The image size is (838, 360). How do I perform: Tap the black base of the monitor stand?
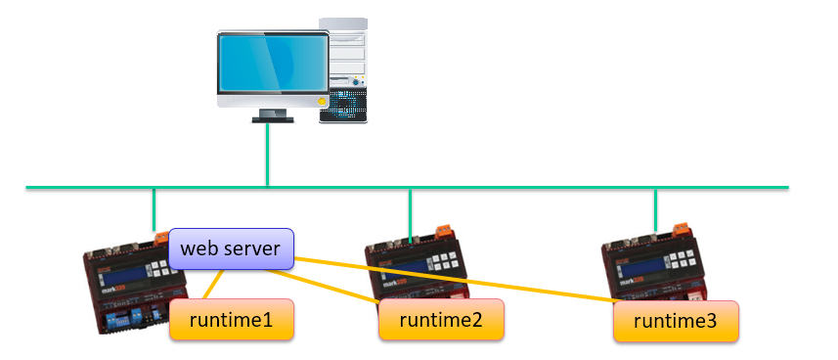point(273,118)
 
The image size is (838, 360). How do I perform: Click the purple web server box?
point(232,249)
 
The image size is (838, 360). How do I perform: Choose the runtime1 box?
point(232,320)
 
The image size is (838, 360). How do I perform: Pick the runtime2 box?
point(441,320)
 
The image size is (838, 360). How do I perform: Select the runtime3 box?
point(676,321)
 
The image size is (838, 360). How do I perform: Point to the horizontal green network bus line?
point(548,186)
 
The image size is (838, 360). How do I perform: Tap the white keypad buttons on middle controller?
point(445,260)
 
